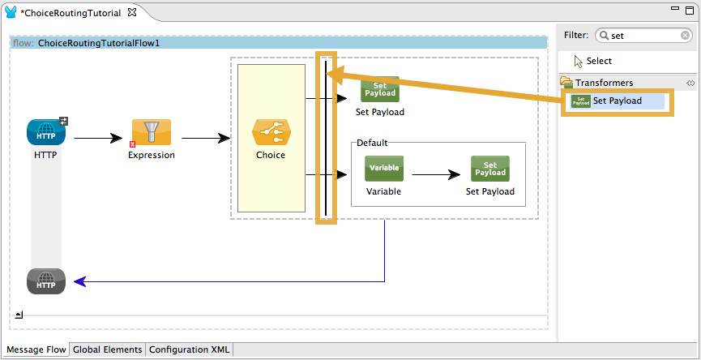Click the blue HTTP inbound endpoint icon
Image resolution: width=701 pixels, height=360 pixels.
[45, 132]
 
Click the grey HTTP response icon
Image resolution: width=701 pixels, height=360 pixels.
[45, 281]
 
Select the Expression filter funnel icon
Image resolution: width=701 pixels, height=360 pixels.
[152, 132]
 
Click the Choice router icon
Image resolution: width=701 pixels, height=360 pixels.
[271, 132]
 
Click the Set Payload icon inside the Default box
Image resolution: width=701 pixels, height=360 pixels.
[489, 169]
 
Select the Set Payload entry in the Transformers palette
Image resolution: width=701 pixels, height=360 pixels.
[617, 101]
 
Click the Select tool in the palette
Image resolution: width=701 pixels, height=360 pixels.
[598, 62]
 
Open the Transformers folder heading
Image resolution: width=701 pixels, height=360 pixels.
[604, 83]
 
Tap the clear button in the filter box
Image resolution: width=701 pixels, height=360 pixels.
[686, 36]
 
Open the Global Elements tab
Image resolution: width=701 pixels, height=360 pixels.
[108, 350]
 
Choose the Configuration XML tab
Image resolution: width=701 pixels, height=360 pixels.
[190, 350]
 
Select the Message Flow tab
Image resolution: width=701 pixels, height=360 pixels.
[36, 350]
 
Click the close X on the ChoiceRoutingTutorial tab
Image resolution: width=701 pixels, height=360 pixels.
[132, 13]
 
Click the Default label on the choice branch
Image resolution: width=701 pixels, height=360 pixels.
[372, 143]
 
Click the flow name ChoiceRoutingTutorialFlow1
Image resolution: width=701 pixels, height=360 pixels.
[98, 43]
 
